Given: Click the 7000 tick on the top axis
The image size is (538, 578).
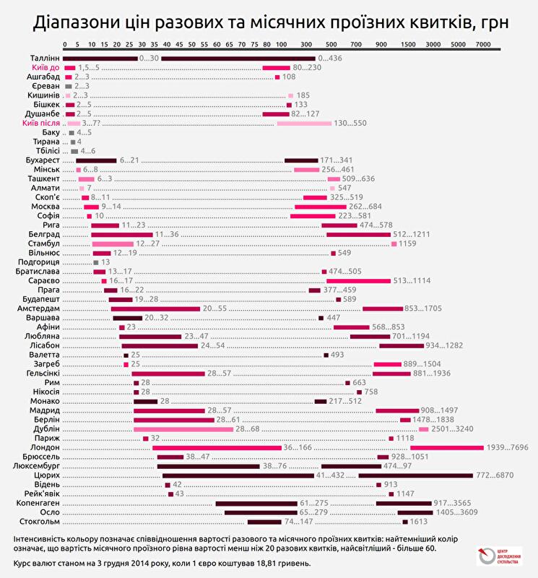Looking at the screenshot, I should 482,45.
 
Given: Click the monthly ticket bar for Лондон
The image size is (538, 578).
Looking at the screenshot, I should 446,448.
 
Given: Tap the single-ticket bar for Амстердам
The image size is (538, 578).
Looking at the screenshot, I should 155,309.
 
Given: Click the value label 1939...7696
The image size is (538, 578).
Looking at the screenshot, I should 511,448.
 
